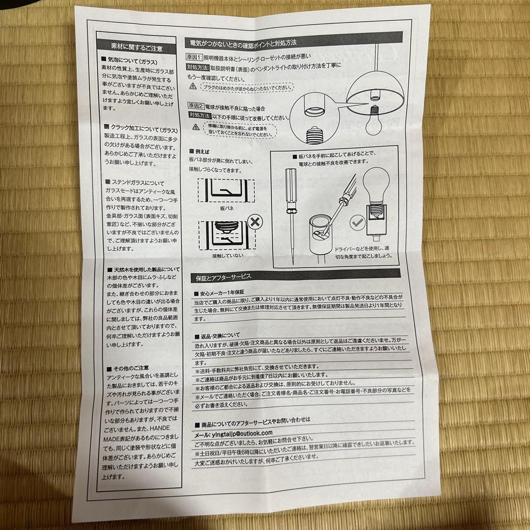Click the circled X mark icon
click(x=254, y=222)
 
